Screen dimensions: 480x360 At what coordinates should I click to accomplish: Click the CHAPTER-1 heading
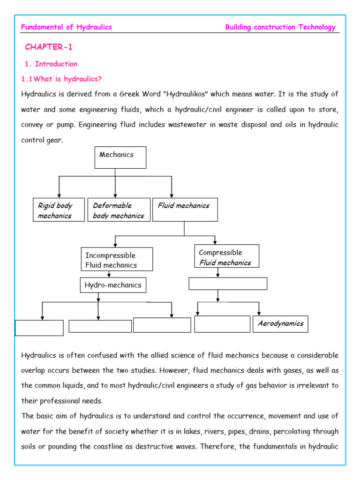point(49,47)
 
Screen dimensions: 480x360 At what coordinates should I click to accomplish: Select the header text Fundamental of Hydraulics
point(67,27)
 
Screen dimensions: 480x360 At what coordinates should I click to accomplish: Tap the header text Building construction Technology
point(280,27)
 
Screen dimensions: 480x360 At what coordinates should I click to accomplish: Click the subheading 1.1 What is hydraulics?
point(62,79)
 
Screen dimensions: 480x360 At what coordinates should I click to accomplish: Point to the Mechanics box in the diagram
point(120,157)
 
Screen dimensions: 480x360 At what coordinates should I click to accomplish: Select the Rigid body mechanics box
point(59,210)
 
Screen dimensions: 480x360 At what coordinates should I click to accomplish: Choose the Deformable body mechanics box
point(119,210)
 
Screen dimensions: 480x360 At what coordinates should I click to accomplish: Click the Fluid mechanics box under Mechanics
point(185,210)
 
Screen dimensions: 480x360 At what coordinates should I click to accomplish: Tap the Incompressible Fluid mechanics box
point(117,260)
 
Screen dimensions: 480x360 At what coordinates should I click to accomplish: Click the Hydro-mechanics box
point(112,285)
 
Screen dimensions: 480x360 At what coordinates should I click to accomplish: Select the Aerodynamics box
point(280,323)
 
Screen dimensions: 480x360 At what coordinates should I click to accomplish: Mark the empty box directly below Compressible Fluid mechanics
point(228,284)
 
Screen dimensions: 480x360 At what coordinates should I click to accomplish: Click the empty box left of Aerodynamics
point(222,324)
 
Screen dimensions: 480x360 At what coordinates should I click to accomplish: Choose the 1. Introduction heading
point(51,64)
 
